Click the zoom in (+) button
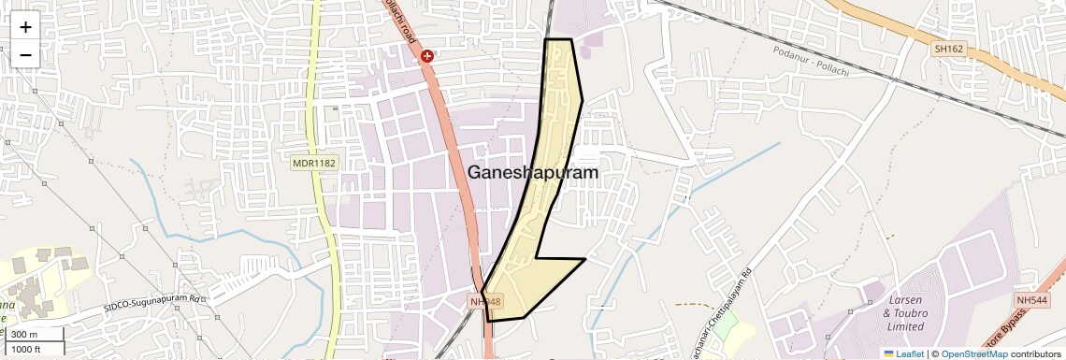tap(25, 26)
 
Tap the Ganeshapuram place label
tap(533, 172)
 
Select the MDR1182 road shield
tap(313, 163)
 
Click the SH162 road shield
tap(948, 49)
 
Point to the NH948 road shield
tap(486, 302)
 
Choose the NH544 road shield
tap(1031, 299)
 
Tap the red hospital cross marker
tap(427, 56)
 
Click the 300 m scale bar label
tap(24, 335)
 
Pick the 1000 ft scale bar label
tap(26, 350)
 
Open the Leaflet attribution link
tap(903, 353)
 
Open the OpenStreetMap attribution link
tap(974, 353)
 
